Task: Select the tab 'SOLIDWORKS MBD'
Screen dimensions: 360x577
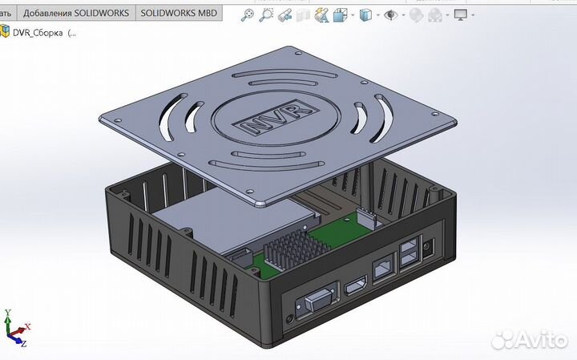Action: (x=179, y=14)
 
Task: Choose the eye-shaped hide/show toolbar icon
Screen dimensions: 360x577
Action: (x=391, y=15)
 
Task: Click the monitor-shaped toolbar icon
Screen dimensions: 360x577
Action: (x=461, y=15)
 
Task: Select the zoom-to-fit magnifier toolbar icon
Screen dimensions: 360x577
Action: (x=248, y=15)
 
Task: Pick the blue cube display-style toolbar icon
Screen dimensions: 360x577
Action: (x=365, y=15)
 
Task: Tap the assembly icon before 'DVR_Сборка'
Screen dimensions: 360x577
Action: (x=6, y=33)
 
